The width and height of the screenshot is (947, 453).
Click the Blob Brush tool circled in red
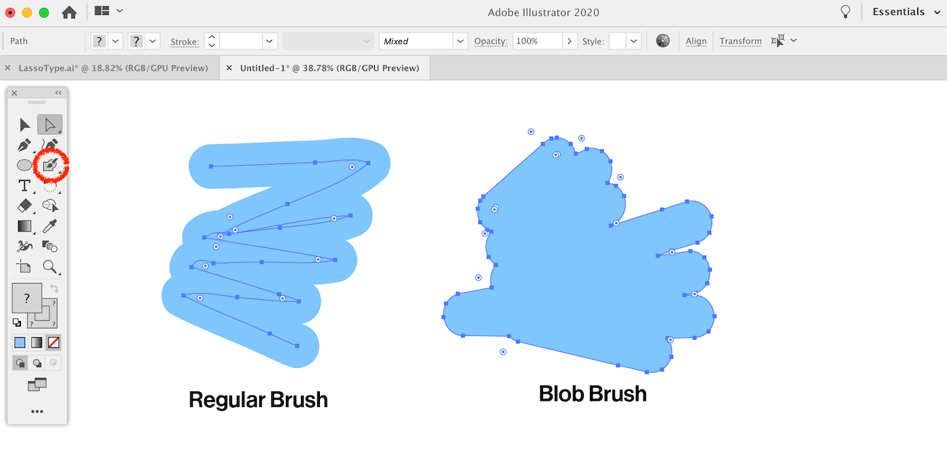[x=50, y=165]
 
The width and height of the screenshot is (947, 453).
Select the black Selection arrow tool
[x=24, y=125]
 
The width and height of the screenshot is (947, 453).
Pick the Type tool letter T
[x=24, y=186]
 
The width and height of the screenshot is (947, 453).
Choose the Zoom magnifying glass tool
[x=50, y=267]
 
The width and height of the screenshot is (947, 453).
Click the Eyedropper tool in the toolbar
[x=50, y=226]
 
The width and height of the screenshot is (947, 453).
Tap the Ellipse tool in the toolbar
[x=24, y=165]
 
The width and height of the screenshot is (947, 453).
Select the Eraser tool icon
[x=24, y=206]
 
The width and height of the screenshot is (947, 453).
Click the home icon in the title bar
[x=69, y=12]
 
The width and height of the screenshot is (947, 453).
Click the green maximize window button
[x=44, y=13]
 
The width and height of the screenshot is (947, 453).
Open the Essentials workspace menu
[x=906, y=12]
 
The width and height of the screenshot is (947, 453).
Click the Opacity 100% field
[x=537, y=41]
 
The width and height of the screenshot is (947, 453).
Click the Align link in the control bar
[x=696, y=41]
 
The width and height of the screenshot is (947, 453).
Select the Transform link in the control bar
[x=740, y=41]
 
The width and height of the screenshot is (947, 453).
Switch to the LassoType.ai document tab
[x=113, y=68]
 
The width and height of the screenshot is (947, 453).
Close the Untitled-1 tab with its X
[x=229, y=68]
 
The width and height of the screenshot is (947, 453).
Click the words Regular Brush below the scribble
[x=258, y=400]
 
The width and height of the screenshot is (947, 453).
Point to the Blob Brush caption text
[x=593, y=393]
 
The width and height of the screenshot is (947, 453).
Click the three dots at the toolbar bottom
[x=37, y=412]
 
